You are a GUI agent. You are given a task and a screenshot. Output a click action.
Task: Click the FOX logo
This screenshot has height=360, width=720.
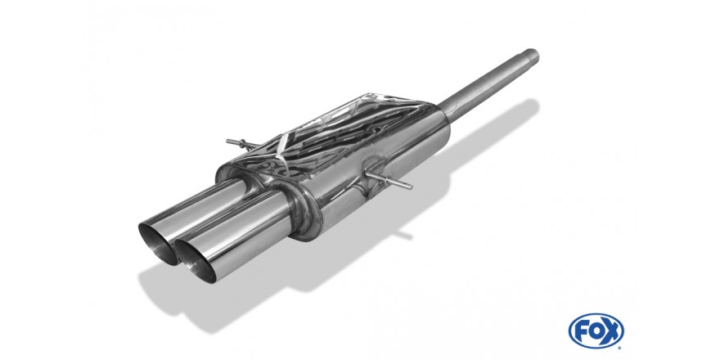596,331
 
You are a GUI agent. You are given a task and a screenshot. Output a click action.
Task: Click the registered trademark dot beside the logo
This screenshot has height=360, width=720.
621,346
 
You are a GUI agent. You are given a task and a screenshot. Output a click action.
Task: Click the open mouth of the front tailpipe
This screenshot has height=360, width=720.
196,260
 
